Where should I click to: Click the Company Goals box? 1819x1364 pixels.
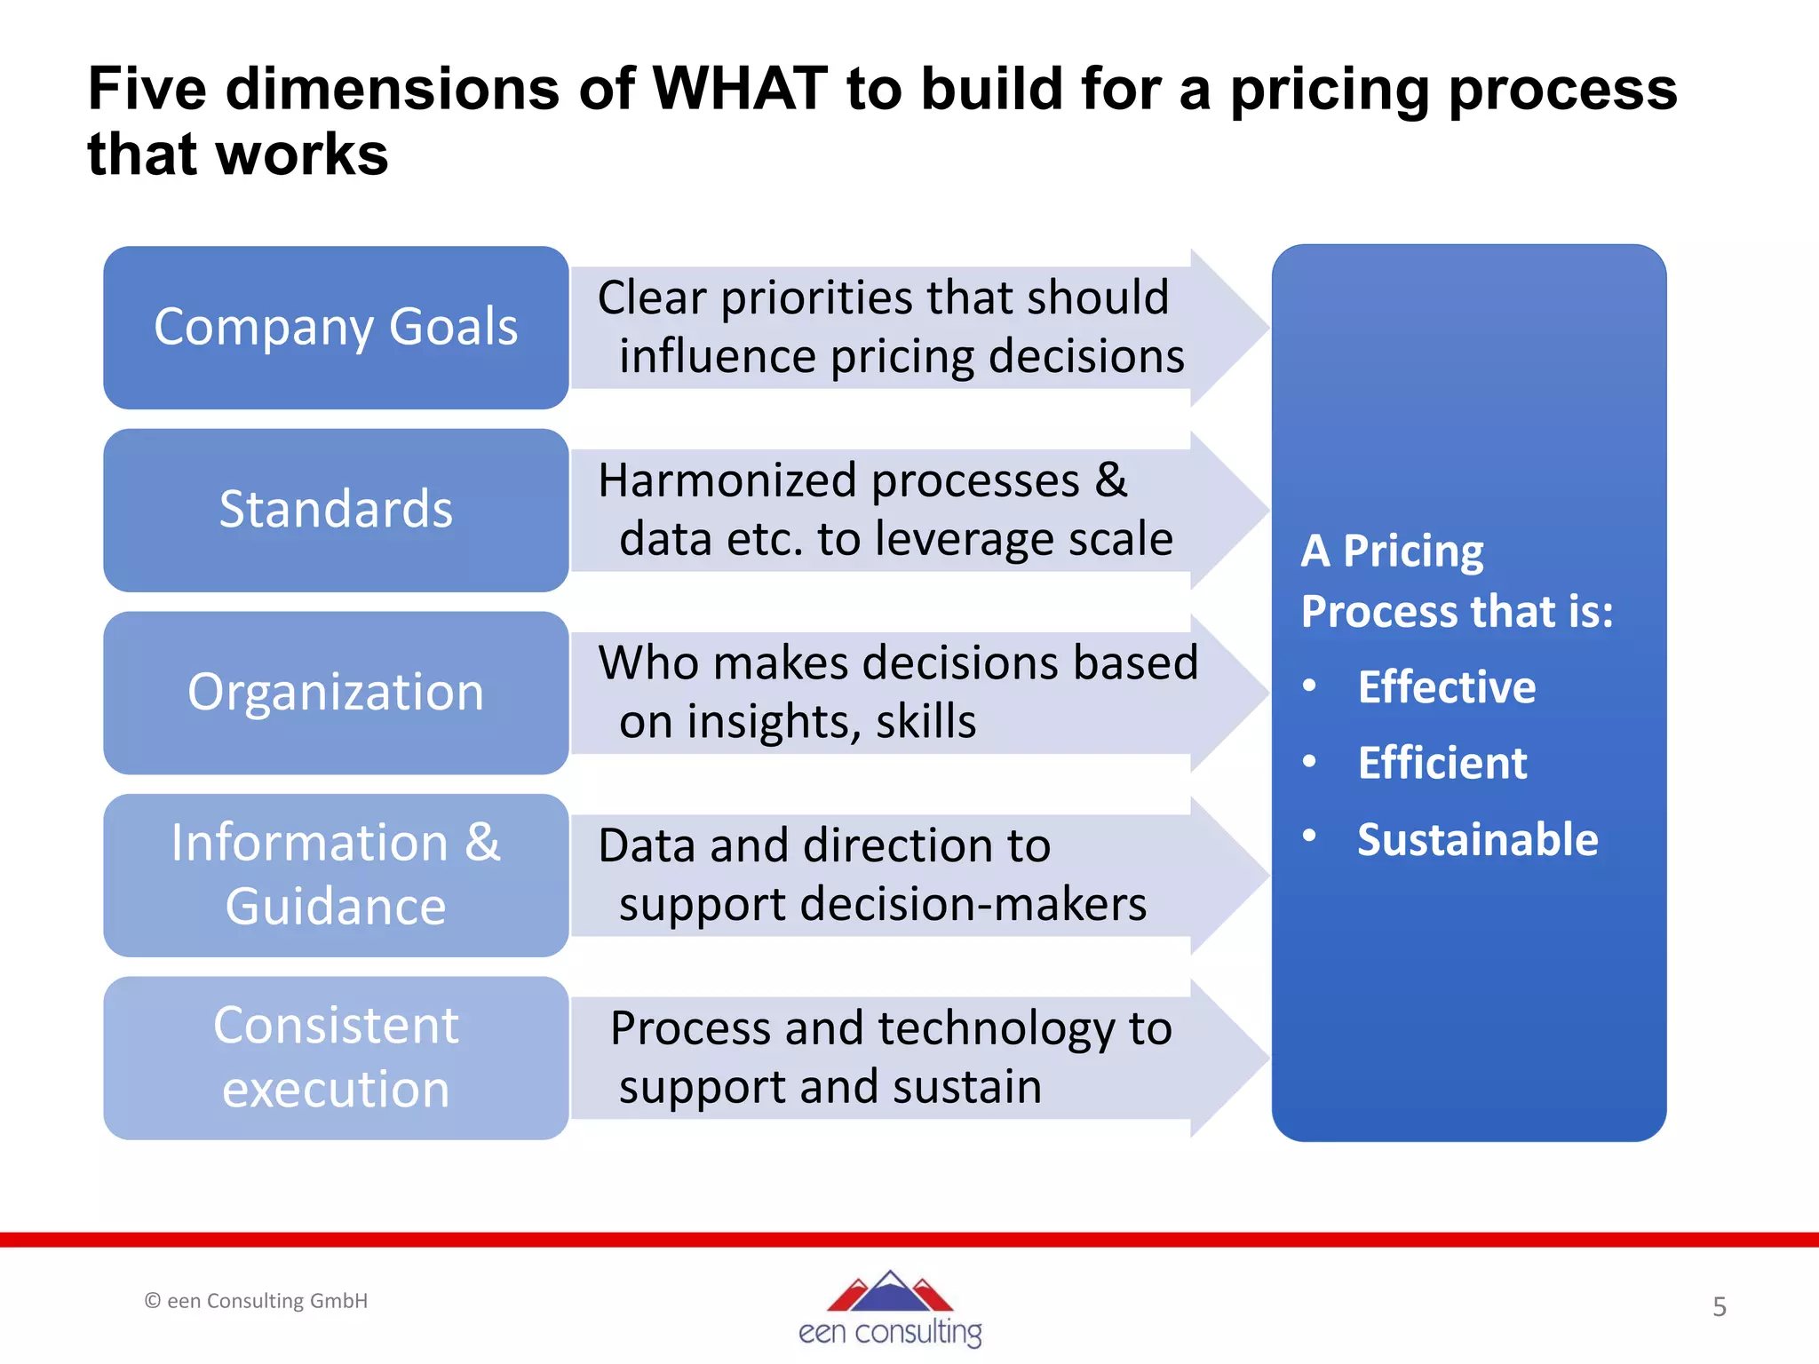(336, 327)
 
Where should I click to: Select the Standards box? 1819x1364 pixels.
(336, 510)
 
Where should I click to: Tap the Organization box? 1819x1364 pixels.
(336, 692)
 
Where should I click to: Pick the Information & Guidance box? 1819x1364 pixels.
(336, 875)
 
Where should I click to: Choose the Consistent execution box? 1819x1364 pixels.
(336, 1057)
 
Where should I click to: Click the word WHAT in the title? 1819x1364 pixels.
(740, 89)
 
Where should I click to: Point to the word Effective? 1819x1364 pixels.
(1446, 686)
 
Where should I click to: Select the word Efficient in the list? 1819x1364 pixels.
(1442, 763)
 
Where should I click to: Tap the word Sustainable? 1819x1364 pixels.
(1477, 839)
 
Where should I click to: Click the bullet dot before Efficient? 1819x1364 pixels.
(1309, 761)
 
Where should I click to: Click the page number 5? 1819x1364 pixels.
(1720, 1306)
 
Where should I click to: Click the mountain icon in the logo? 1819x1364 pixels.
(890, 1291)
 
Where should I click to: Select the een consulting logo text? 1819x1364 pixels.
(890, 1332)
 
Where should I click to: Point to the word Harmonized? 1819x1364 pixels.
(727, 480)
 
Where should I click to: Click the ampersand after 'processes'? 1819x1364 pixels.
(1110, 480)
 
